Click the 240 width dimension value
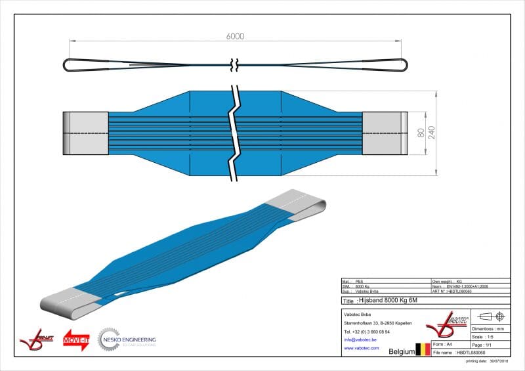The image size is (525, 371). click(x=431, y=133)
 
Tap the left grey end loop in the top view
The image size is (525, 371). click(x=85, y=133)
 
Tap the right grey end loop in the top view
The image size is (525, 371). click(x=383, y=133)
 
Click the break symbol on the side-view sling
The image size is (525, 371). click(x=235, y=64)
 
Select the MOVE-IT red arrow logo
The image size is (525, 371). click(x=76, y=339)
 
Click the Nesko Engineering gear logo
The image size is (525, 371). click(x=109, y=339)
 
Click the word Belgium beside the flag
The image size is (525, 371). click(x=401, y=352)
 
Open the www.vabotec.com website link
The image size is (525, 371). click(x=362, y=349)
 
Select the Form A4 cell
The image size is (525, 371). click(x=450, y=344)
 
